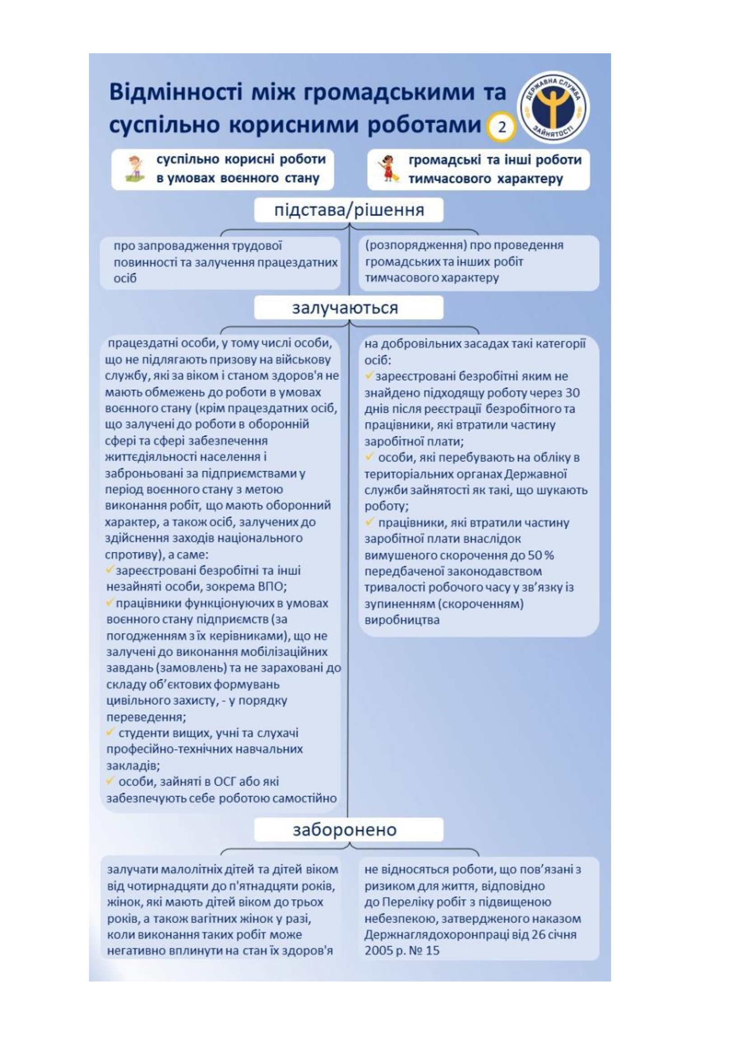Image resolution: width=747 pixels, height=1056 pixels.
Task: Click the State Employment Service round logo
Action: [x=555, y=107]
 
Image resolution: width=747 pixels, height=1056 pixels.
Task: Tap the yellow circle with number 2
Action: [x=502, y=126]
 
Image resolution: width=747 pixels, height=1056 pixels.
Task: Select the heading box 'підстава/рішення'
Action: [x=349, y=210]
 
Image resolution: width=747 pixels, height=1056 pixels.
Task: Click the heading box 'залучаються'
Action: [x=349, y=307]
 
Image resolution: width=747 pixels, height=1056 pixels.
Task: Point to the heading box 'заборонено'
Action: [x=349, y=829]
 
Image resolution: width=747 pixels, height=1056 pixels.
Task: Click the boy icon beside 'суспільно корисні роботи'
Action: [x=135, y=168]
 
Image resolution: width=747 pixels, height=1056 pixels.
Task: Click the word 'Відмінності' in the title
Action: [x=175, y=92]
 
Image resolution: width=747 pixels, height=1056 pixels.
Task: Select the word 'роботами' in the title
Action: [x=423, y=125]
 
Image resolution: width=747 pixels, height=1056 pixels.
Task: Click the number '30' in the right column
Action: [x=572, y=393]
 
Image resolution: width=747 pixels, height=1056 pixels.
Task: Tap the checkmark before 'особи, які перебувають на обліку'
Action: [x=369, y=457]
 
